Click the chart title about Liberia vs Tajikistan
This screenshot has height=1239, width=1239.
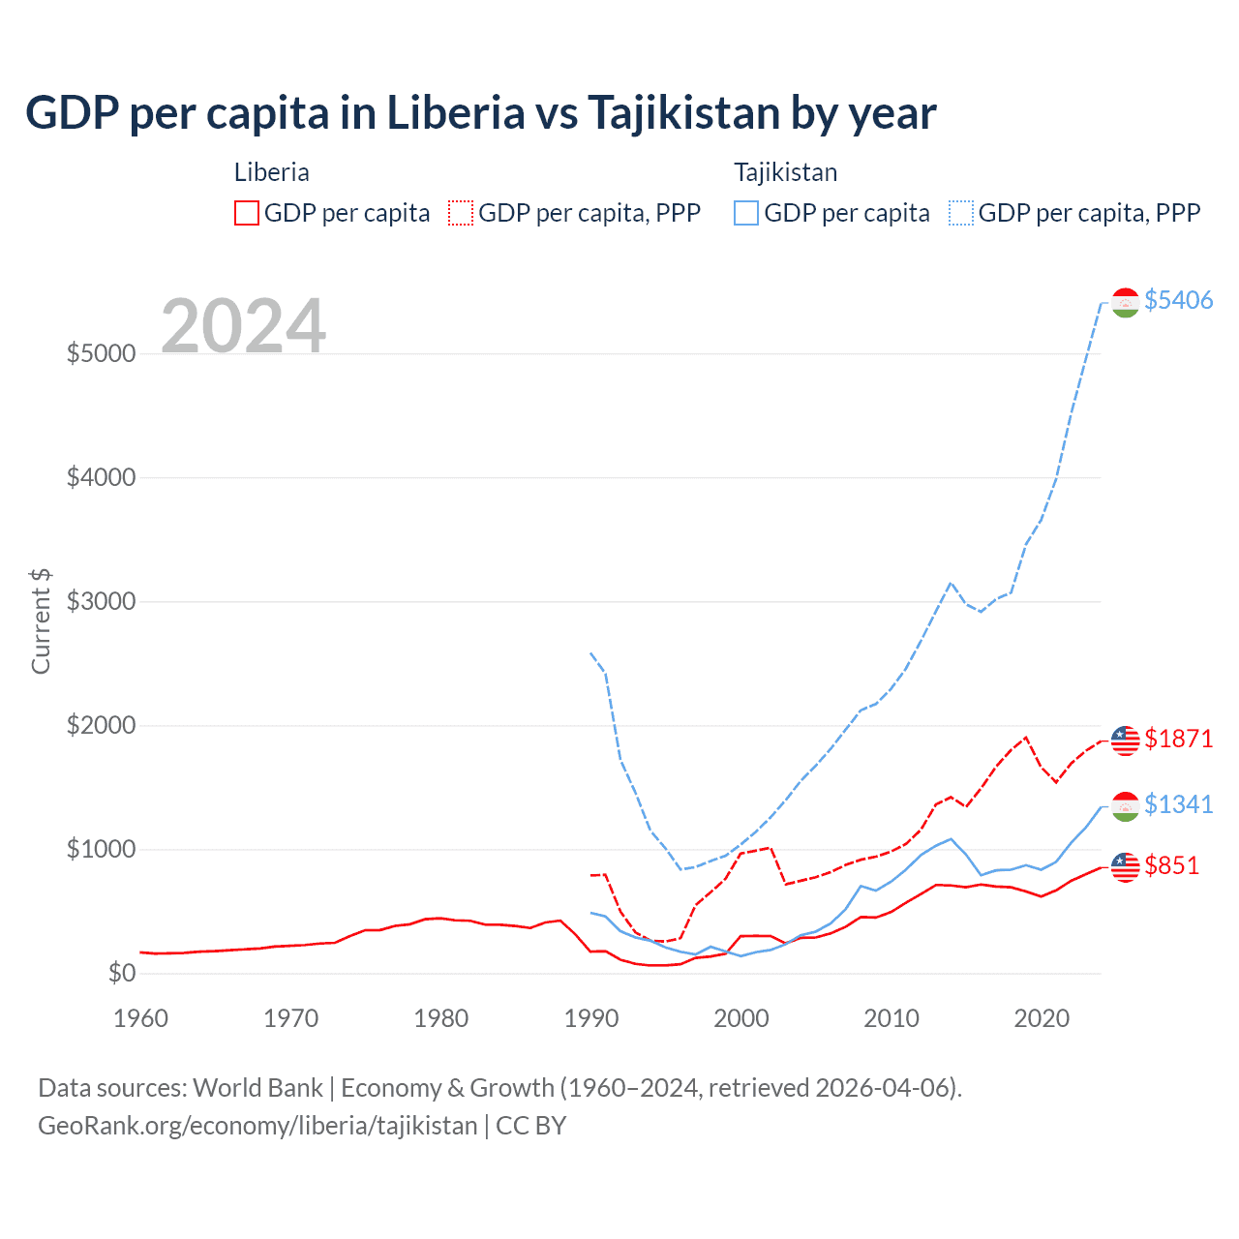480,113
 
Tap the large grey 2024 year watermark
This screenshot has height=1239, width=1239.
243,326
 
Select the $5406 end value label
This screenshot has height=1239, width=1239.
1178,300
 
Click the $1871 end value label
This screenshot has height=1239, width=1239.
1178,739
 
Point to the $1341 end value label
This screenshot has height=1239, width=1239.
1178,804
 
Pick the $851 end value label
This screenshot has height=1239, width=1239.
1171,865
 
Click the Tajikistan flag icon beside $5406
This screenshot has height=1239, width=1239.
1125,303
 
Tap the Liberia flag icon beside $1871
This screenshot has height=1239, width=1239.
1125,740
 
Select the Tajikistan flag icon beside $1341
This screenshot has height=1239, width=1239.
1125,806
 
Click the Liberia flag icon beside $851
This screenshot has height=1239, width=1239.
1125,867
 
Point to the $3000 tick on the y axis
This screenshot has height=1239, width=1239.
101,601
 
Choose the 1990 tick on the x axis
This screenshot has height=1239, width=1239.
590,1018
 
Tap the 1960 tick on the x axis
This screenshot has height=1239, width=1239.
141,1018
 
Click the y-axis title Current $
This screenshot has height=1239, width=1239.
41,620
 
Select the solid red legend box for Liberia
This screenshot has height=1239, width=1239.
247,213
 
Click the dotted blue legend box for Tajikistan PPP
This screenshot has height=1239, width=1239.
961,213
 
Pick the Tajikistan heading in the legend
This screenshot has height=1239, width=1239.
785,172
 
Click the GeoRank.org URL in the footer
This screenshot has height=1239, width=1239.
257,1126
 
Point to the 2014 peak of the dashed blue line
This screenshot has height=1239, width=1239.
951,583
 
